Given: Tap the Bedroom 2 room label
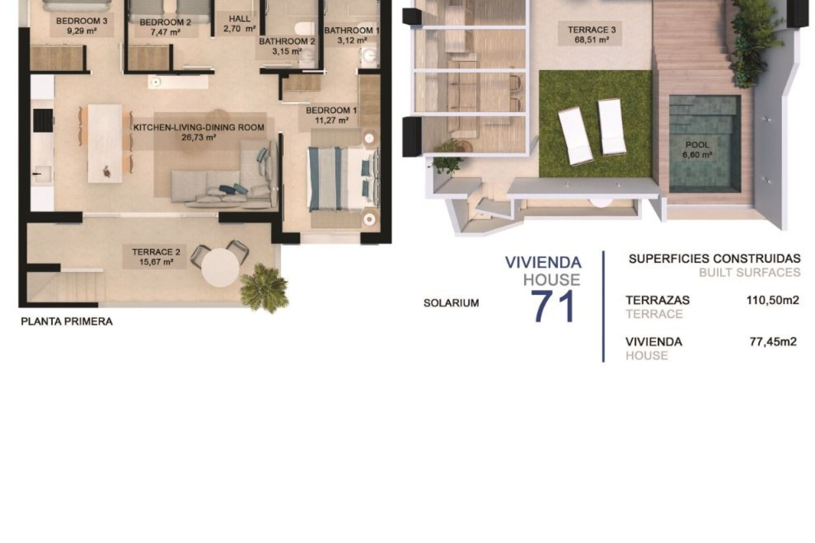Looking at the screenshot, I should pos(165,22).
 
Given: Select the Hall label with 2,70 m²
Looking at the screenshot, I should pos(239,24).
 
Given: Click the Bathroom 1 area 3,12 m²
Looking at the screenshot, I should pos(351,41).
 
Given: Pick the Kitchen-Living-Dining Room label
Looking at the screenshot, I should pos(199,127).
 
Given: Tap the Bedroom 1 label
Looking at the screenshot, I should pos(331,110).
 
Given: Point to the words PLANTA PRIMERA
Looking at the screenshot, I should pos(67,322).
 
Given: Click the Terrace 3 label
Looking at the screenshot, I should pos(592,30).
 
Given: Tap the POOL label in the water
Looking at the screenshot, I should pos(697,145).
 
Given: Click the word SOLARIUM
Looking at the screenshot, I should pos(451,303).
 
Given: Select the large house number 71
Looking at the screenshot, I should pos(553,307).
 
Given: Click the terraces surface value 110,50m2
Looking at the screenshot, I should pos(773,300).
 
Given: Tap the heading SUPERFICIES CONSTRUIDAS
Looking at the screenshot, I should pos(714,258).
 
